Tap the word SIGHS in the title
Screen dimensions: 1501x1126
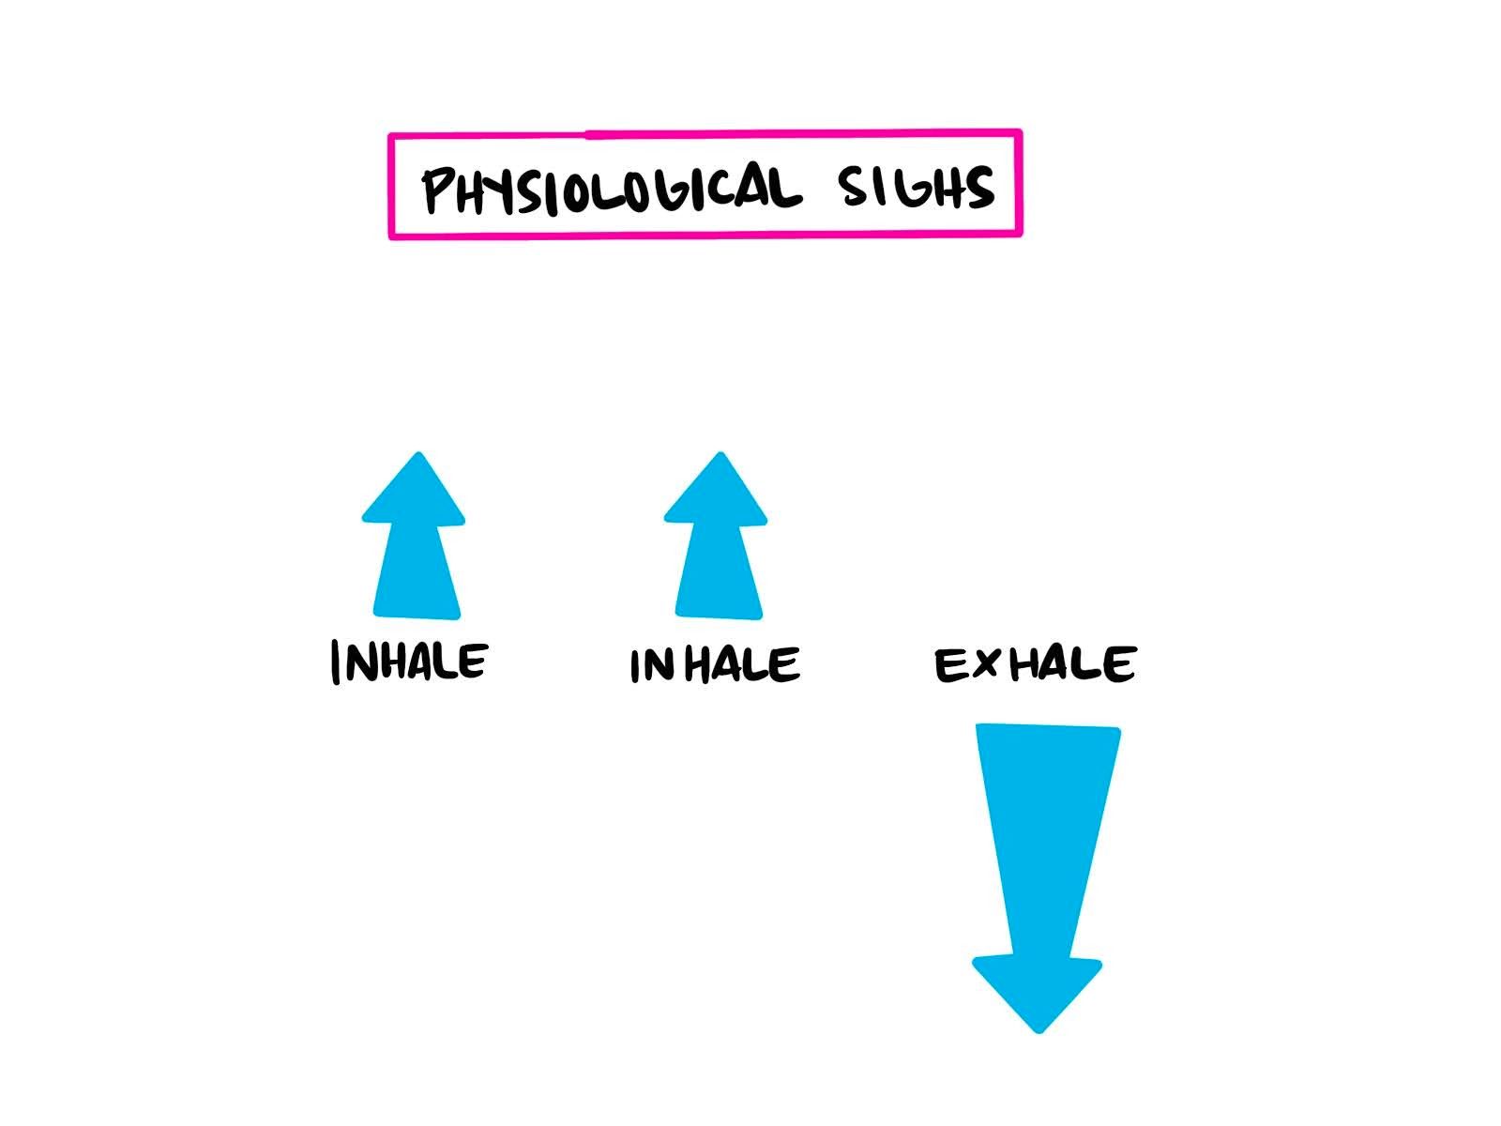point(917,187)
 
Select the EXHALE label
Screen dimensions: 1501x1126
point(1035,664)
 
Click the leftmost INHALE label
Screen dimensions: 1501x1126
point(409,662)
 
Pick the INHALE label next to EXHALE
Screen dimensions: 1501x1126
point(715,664)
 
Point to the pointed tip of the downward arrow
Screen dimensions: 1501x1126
point(1039,1030)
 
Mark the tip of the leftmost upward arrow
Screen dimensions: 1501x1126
point(418,455)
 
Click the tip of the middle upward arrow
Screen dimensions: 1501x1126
point(720,455)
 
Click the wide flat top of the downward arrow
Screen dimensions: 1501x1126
point(1048,728)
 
